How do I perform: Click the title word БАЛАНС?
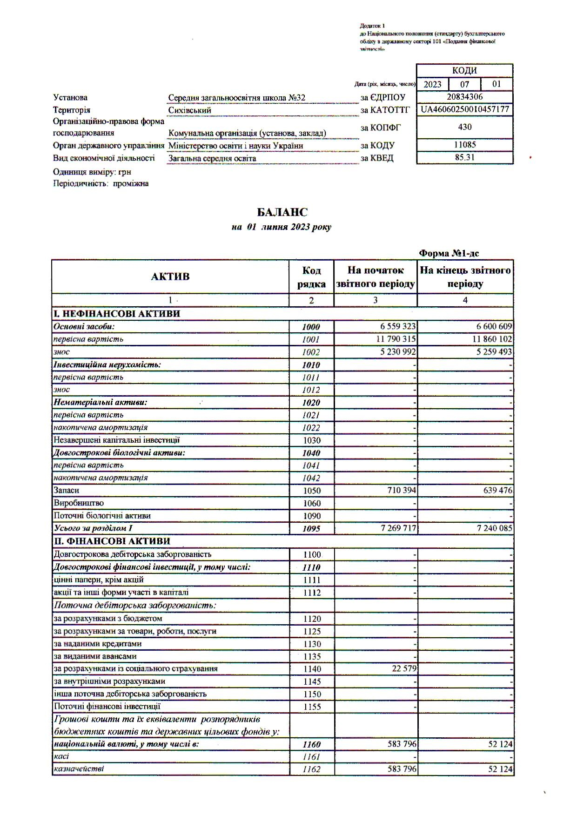pyautogui.click(x=282, y=212)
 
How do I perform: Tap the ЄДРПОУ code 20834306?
pyautogui.click(x=464, y=97)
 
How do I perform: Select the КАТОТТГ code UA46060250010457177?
pyautogui.click(x=465, y=109)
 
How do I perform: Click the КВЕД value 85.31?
pyautogui.click(x=464, y=157)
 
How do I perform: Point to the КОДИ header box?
pyautogui.click(x=464, y=71)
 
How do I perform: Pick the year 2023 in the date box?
pyautogui.click(x=432, y=84)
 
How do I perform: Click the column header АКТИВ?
pyautogui.click(x=170, y=276)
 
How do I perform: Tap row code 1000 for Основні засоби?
pyautogui.click(x=311, y=327)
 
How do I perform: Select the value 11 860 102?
pyautogui.click(x=492, y=339)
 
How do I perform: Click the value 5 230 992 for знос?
pyautogui.click(x=396, y=352)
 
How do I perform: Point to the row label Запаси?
pyautogui.click(x=67, y=490)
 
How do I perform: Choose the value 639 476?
pyautogui.click(x=497, y=490)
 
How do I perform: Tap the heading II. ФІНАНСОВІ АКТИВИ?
pyautogui.click(x=112, y=541)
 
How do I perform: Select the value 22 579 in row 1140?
pyautogui.click(x=403, y=668)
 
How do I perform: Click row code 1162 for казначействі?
pyautogui.click(x=311, y=769)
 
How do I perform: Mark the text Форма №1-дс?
pyautogui.click(x=449, y=253)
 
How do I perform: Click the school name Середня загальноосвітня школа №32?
pyautogui.click(x=237, y=98)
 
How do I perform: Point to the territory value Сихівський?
pyautogui.click(x=190, y=110)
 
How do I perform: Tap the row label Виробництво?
pyautogui.click(x=79, y=503)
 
